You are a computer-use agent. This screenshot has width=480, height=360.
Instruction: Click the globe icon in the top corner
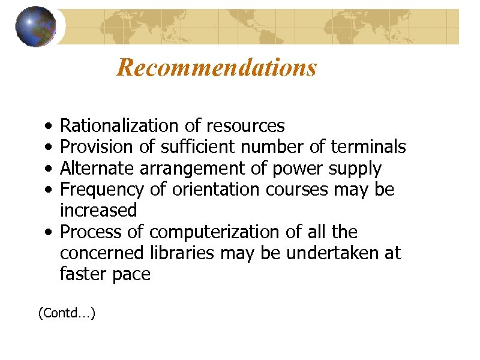tap(35, 26)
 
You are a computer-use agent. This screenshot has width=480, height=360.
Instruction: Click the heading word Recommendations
tap(217, 68)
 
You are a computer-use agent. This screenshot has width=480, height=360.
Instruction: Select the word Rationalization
tap(113, 126)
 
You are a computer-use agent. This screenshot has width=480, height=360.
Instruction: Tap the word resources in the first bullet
tap(245, 126)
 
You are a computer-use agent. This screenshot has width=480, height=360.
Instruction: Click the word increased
tap(98, 211)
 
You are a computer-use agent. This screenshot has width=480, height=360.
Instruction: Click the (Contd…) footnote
tap(67, 313)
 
